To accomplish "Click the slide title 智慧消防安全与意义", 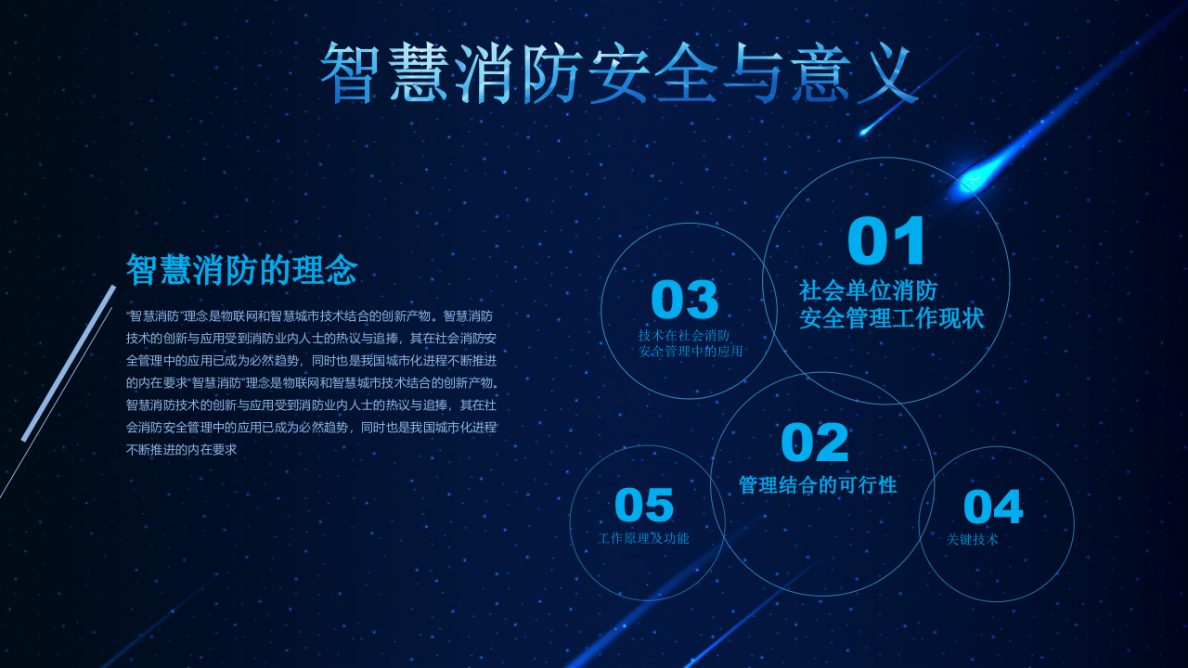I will point(618,72).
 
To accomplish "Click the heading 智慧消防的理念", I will point(241,270).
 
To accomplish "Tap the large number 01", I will point(887,242).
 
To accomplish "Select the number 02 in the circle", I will point(815,443).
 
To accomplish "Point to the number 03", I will point(685,300).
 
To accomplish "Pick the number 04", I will point(993,507).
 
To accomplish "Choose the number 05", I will point(644,506).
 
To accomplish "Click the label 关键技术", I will point(973,540).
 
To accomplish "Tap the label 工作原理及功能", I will point(643,538).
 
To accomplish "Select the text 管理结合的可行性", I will point(818,485).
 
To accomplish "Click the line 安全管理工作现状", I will point(892,318).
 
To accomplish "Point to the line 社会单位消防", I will point(869,290).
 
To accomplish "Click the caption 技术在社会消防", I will point(684,336).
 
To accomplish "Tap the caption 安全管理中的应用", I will point(691,352).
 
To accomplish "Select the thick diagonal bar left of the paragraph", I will point(69,363).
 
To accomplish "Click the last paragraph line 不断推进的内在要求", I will point(182,449).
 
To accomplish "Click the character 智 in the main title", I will point(354,72).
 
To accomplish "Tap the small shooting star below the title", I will point(864,132).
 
